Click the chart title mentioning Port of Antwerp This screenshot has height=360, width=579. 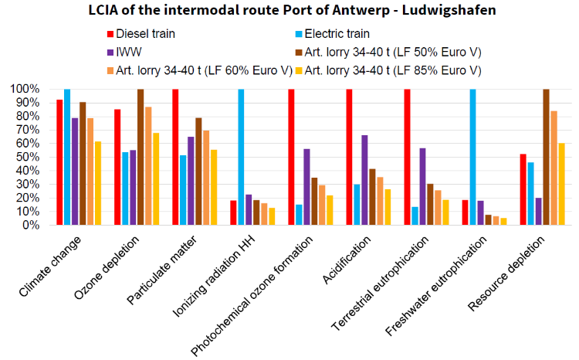tap(292, 10)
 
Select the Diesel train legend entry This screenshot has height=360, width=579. tap(141, 34)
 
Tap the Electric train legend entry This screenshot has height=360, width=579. tap(332, 34)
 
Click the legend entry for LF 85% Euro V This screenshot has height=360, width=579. tap(388, 70)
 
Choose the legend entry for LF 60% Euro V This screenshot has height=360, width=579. tap(200, 70)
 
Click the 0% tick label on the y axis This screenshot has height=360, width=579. tap(31, 225)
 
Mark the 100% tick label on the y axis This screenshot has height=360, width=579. tap(25, 89)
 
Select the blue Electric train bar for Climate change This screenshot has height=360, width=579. tap(67, 157)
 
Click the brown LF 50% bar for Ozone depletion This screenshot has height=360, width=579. tap(141, 157)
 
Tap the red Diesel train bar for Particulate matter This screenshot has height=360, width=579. tap(175, 157)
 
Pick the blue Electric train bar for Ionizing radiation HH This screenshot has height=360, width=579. tap(241, 157)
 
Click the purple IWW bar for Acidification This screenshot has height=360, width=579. tap(364, 180)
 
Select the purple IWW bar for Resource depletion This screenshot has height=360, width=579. tap(538, 212)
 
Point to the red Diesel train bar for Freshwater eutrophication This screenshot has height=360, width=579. tap(465, 212)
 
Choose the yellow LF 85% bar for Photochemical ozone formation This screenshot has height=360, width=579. tap(330, 210)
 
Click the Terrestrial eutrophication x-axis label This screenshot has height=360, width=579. tap(381, 284)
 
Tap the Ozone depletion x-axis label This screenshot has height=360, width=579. tap(107, 267)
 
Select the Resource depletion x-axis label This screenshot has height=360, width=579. tap(506, 274)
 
